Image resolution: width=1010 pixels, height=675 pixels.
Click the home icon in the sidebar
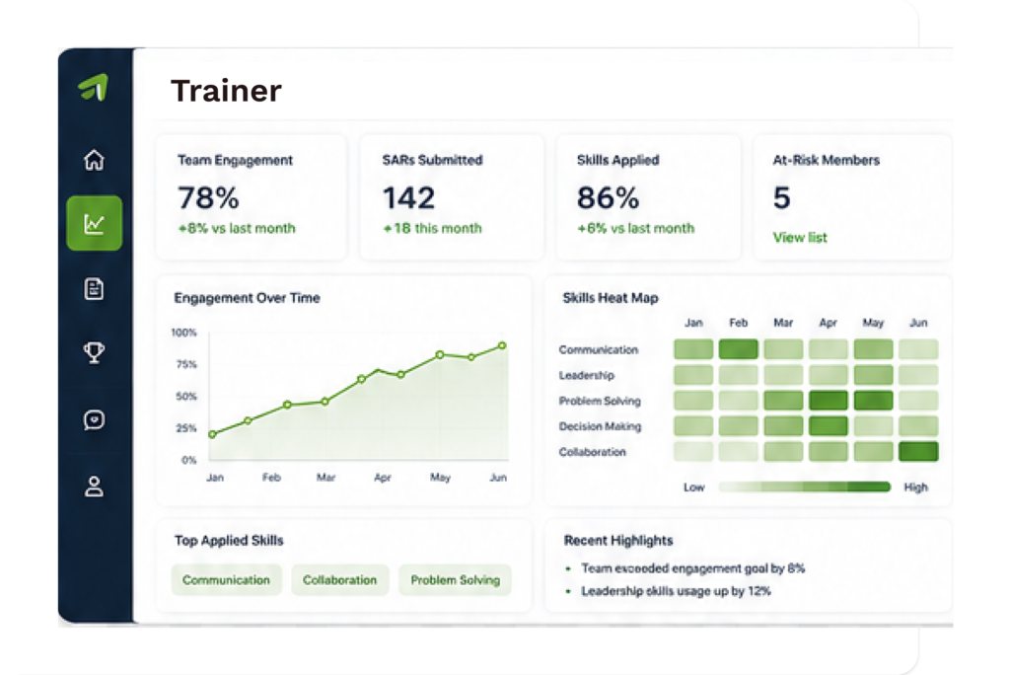coord(94,159)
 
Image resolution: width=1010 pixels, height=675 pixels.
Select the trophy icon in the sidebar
coord(94,352)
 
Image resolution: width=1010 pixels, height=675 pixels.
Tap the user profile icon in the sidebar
coord(94,487)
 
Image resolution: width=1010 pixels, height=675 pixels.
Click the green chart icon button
coord(94,223)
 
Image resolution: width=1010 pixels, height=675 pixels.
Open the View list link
coord(799,237)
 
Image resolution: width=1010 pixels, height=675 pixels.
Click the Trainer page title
coord(226,90)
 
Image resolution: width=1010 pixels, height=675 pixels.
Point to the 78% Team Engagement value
coord(208,197)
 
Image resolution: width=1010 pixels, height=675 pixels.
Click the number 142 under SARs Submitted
coord(408,197)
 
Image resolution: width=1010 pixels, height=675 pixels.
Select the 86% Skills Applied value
coord(608,197)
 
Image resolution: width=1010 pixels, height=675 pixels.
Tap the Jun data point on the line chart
coord(502,346)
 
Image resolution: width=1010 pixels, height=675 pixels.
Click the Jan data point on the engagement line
coord(213,434)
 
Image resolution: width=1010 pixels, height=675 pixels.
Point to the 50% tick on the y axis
coord(186,397)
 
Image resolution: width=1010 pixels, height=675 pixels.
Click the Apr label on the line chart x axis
coord(383,478)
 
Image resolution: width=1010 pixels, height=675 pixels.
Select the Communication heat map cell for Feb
coord(738,349)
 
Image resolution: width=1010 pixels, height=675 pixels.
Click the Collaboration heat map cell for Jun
coord(918,451)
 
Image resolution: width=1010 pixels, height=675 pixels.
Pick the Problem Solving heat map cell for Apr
coord(829,401)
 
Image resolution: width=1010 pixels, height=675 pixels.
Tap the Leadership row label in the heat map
coord(586,375)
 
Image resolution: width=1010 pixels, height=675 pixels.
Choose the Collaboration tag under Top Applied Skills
coord(340,579)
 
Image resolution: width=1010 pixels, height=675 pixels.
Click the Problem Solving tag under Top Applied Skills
coord(456,579)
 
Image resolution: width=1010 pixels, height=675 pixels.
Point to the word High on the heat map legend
coord(915,487)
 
